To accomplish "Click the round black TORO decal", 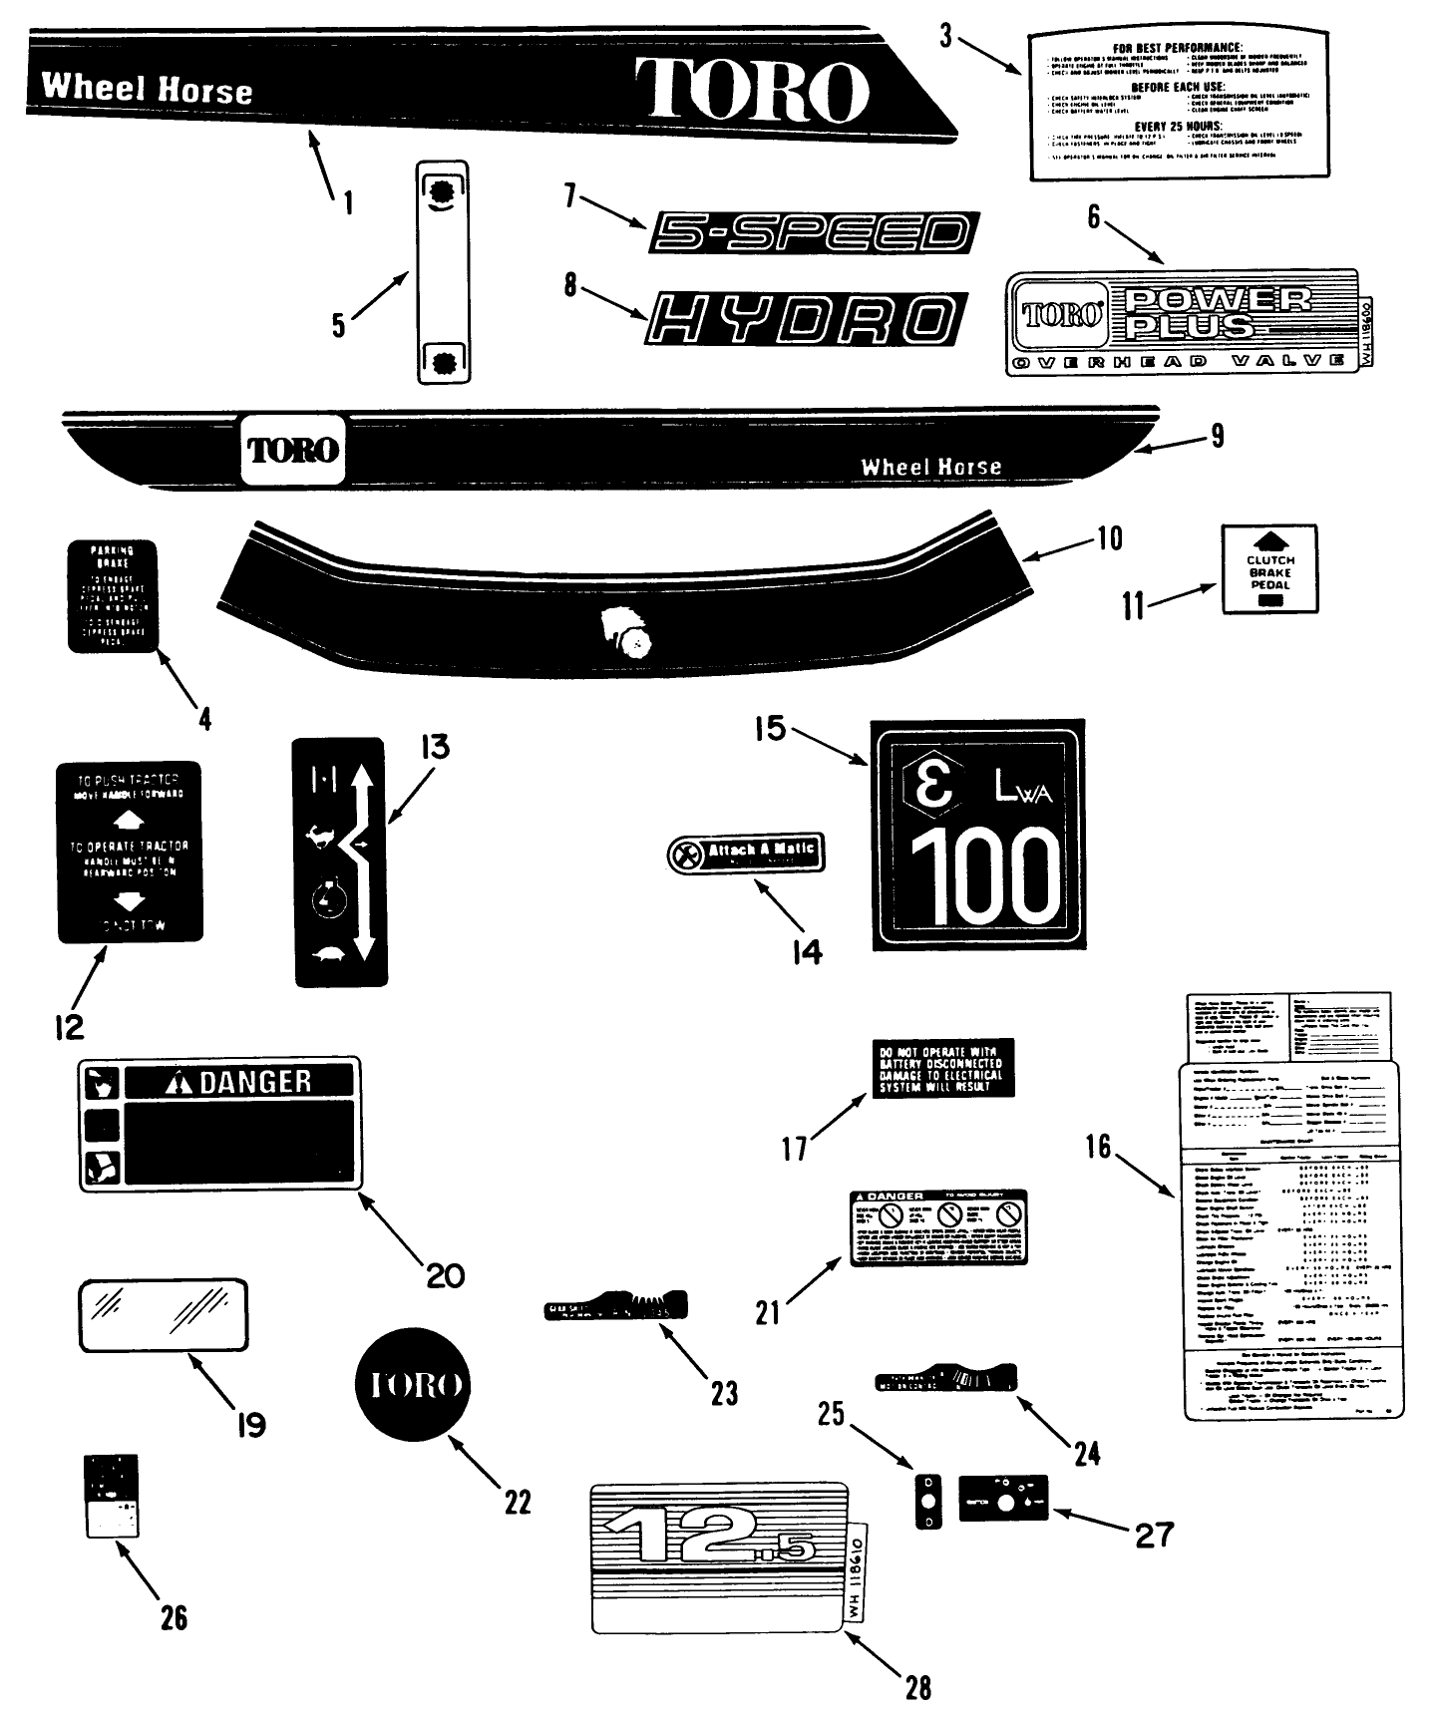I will pos(412,1385).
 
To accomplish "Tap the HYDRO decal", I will pos(807,319).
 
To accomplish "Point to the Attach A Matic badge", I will pos(746,854).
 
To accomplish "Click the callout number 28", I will pos(917,1686).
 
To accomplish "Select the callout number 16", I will pos(1098,1146).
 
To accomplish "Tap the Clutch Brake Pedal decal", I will pos(1269,568).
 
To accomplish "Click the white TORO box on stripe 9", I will pos(293,449).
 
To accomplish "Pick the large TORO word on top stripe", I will pos(750,90).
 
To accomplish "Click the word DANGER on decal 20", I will pos(255,1081).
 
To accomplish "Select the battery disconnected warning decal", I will pos(942,1068).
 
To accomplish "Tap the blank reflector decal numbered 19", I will pos(164,1314).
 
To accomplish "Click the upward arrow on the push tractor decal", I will pos(131,821).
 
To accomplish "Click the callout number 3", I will pos(946,36).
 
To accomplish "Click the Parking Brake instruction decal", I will pos(113,596).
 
